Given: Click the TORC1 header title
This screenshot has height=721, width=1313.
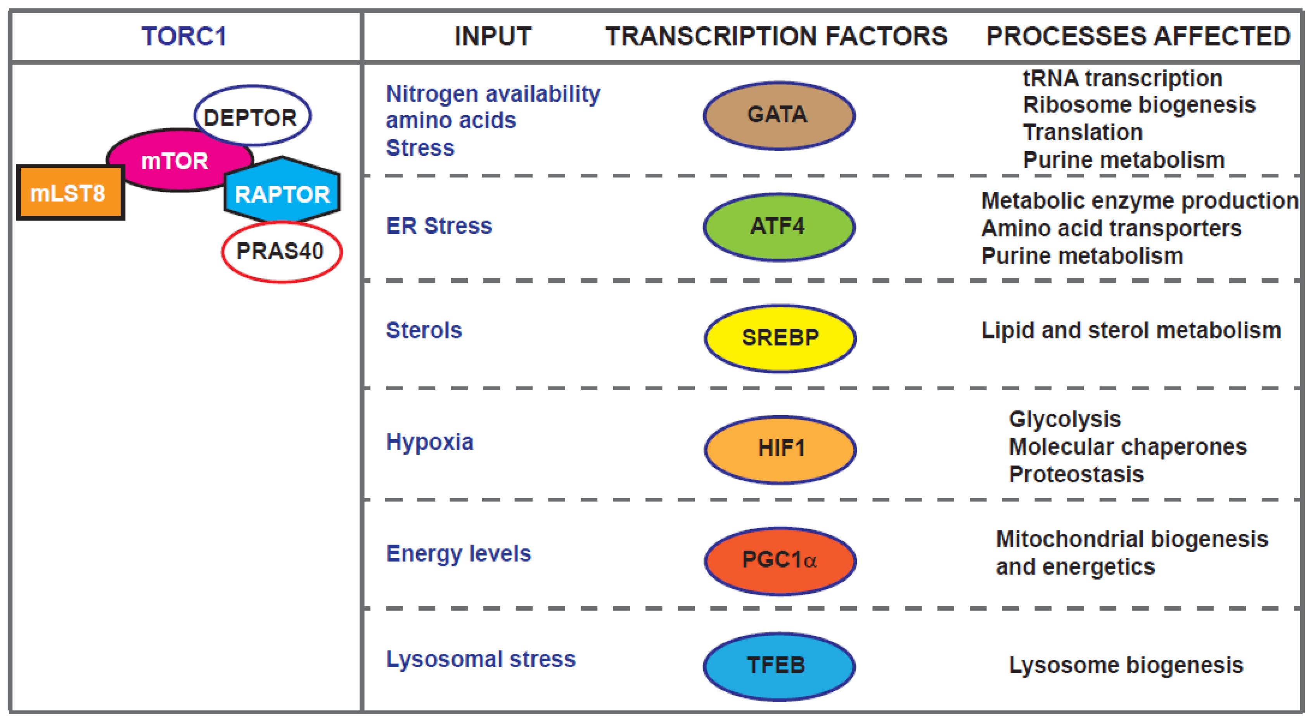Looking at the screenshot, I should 184,37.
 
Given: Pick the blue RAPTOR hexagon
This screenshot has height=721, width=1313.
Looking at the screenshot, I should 282,194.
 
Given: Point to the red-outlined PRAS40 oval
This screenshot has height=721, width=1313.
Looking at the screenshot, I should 281,252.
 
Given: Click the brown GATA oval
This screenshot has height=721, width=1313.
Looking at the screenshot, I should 778,116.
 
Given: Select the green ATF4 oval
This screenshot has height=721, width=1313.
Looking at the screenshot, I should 778,227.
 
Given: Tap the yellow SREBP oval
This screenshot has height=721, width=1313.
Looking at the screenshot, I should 780,338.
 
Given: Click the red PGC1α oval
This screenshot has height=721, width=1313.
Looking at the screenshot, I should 780,561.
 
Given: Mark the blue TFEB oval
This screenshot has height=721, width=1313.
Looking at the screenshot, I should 778,666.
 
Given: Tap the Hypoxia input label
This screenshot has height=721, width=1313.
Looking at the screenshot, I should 430,442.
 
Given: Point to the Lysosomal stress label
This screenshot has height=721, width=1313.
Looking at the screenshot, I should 481,659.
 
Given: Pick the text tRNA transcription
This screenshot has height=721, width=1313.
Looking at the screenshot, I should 1123,78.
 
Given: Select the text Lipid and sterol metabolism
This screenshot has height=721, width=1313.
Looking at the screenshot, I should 1131,331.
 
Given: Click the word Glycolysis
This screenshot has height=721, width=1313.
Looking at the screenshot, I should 1065,419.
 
